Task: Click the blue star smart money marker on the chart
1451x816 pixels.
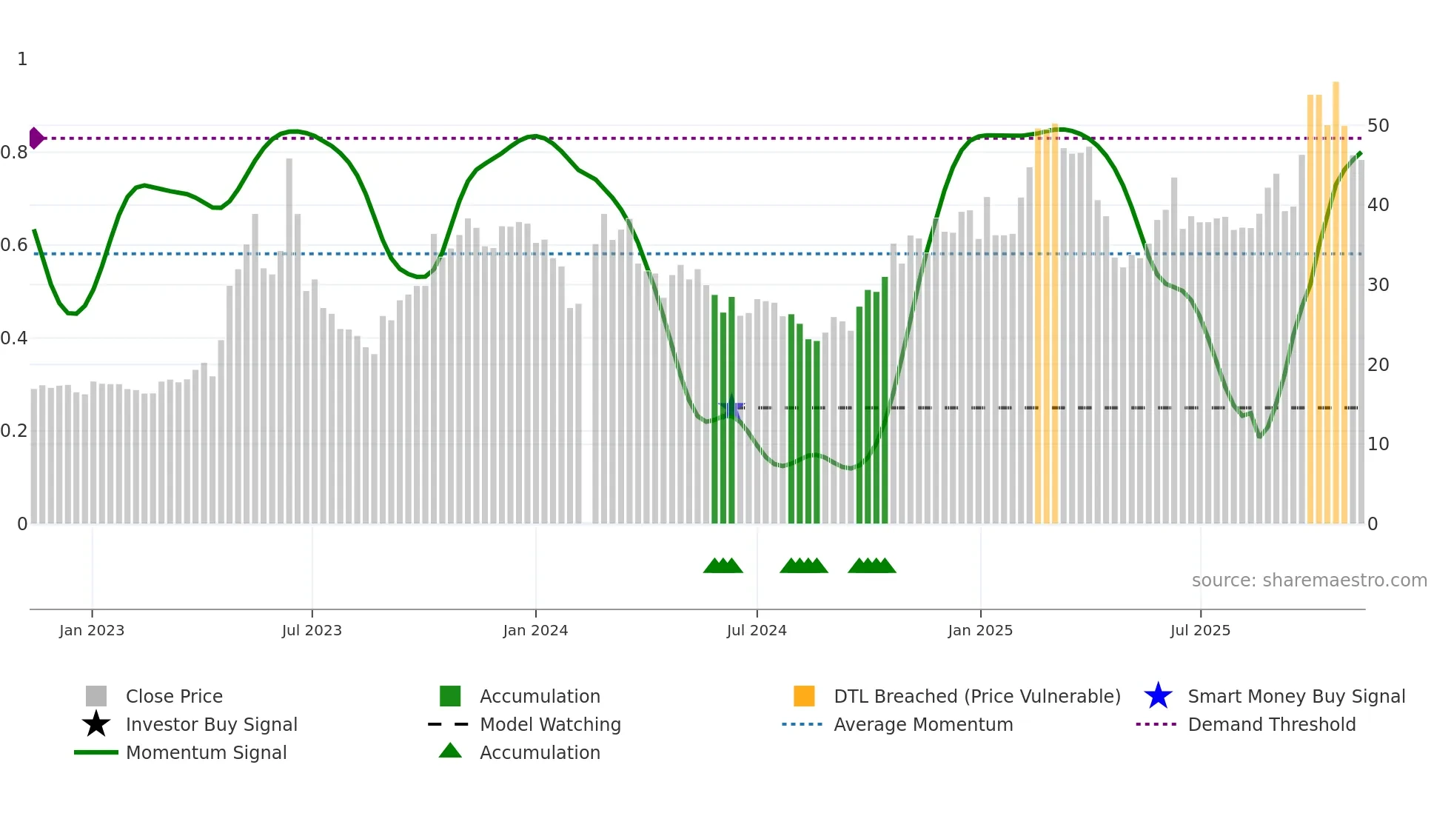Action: click(731, 408)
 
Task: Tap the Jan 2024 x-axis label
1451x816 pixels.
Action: click(535, 631)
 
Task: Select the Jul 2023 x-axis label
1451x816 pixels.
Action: click(312, 631)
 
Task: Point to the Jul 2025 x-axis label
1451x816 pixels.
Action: click(1200, 631)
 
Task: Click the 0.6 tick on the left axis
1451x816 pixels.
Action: click(14, 245)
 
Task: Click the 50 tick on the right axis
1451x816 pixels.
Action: click(1378, 126)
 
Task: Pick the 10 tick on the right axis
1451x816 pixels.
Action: click(1378, 444)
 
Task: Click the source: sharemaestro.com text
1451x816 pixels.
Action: click(1309, 581)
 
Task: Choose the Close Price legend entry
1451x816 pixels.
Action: click(174, 697)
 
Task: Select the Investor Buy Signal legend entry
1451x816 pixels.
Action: click(211, 725)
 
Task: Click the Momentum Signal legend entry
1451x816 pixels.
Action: click(206, 753)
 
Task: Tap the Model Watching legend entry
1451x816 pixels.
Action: click(550, 725)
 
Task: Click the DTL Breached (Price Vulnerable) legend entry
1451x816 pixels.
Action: click(976, 697)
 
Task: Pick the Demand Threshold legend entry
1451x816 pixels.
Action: click(1271, 725)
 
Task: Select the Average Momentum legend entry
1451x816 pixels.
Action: click(922, 725)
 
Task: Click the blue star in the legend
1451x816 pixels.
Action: click(1158, 697)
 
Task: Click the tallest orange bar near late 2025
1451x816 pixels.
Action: click(1336, 296)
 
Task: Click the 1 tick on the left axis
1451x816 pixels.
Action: click(22, 59)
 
